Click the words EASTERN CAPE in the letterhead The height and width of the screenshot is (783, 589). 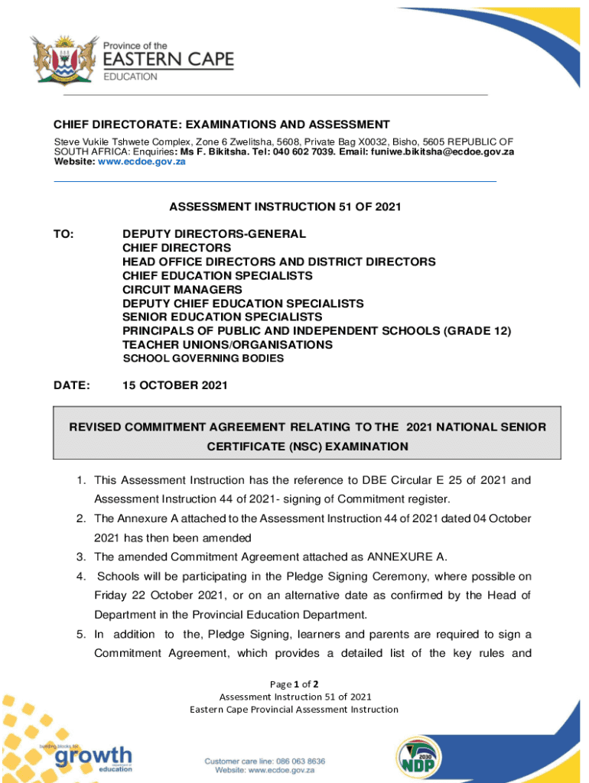(x=168, y=60)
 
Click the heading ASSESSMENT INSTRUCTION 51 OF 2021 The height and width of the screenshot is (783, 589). (x=285, y=206)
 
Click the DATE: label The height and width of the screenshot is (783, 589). (x=71, y=386)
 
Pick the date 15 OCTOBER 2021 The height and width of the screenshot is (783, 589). (x=175, y=386)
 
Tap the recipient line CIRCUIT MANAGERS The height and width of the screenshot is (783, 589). (x=182, y=290)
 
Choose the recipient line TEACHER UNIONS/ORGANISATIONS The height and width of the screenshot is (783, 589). (x=227, y=345)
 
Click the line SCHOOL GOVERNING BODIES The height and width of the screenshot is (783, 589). (x=203, y=359)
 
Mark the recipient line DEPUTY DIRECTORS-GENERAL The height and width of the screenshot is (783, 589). (x=213, y=234)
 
